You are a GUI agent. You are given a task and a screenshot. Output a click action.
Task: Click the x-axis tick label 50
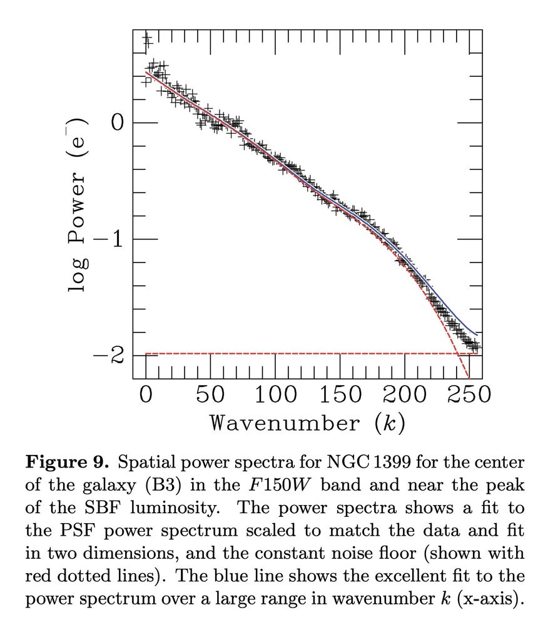211,396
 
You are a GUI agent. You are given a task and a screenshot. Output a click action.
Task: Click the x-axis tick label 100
276,396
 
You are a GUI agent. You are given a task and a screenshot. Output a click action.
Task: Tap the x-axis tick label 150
341,396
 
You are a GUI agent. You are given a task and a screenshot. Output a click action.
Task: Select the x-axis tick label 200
406,396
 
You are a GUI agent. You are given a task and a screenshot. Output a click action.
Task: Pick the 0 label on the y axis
117,122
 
